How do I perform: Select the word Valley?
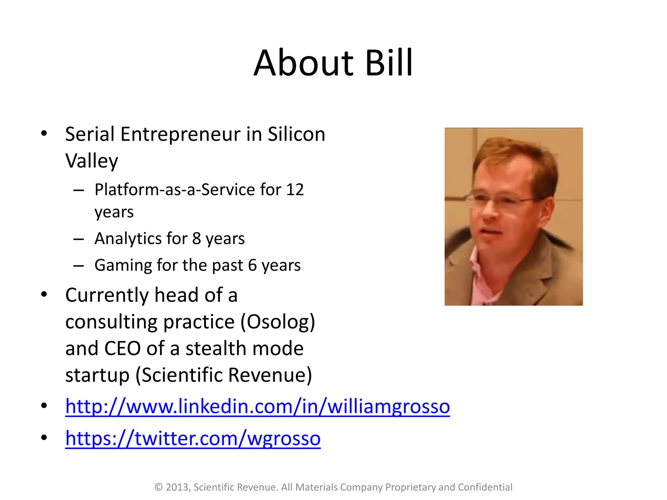pos(92,161)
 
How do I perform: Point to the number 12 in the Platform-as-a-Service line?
pos(295,189)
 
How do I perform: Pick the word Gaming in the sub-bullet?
pos(123,265)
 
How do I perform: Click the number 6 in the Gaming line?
pos(252,265)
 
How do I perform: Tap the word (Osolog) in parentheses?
pos(278,322)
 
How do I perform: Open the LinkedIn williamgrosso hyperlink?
pos(257,407)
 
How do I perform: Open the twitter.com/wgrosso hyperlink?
pos(193,438)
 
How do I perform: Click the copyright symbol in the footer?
pos(159,487)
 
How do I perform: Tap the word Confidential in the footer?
pos(485,487)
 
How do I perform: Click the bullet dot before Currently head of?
pos(44,295)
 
